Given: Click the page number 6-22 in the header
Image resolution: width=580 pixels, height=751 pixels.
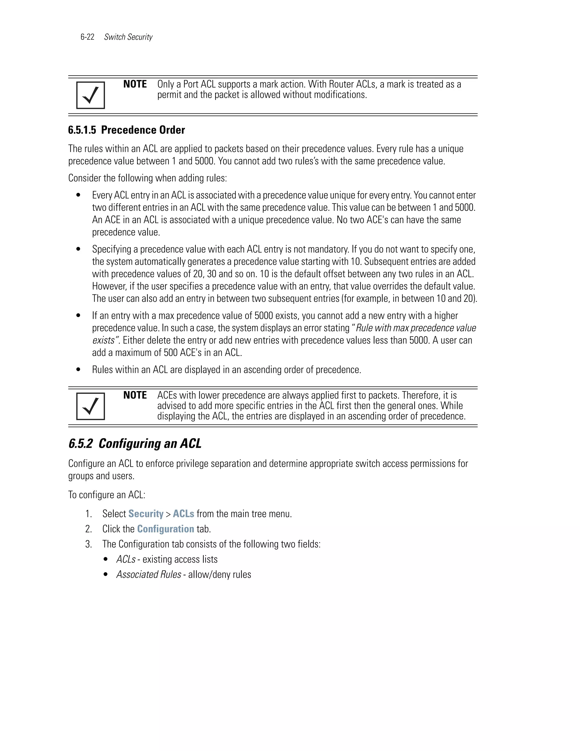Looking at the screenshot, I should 87,37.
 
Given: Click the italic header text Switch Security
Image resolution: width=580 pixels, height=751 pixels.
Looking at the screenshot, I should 128,37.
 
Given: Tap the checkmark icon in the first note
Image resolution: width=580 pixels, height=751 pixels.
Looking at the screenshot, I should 90,95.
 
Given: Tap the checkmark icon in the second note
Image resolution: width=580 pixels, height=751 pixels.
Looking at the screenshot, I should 90,406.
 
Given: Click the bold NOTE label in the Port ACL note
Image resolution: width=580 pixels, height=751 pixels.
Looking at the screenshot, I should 135,84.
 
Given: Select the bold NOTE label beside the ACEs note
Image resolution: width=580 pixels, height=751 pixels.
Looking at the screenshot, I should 135,395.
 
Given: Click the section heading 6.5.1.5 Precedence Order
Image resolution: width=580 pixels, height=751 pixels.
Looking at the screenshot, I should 126,130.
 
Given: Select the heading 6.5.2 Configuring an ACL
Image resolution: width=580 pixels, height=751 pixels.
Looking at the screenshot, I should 135,444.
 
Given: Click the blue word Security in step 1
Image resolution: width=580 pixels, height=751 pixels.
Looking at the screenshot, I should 146,514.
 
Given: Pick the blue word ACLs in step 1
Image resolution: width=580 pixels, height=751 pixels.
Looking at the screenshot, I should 184,514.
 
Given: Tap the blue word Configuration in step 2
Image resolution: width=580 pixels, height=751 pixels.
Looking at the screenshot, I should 166,529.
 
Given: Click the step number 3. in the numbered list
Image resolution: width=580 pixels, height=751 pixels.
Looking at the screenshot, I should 88,544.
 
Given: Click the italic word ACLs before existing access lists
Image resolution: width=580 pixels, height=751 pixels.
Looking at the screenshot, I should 126,559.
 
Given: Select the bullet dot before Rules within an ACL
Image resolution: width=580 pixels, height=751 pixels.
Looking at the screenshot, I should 78,370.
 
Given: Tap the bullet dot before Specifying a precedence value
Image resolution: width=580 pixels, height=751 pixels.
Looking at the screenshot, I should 78,249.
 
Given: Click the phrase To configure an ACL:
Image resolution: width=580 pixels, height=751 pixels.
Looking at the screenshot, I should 107,495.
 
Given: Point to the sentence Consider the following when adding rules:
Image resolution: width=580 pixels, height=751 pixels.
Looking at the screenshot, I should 147,178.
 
